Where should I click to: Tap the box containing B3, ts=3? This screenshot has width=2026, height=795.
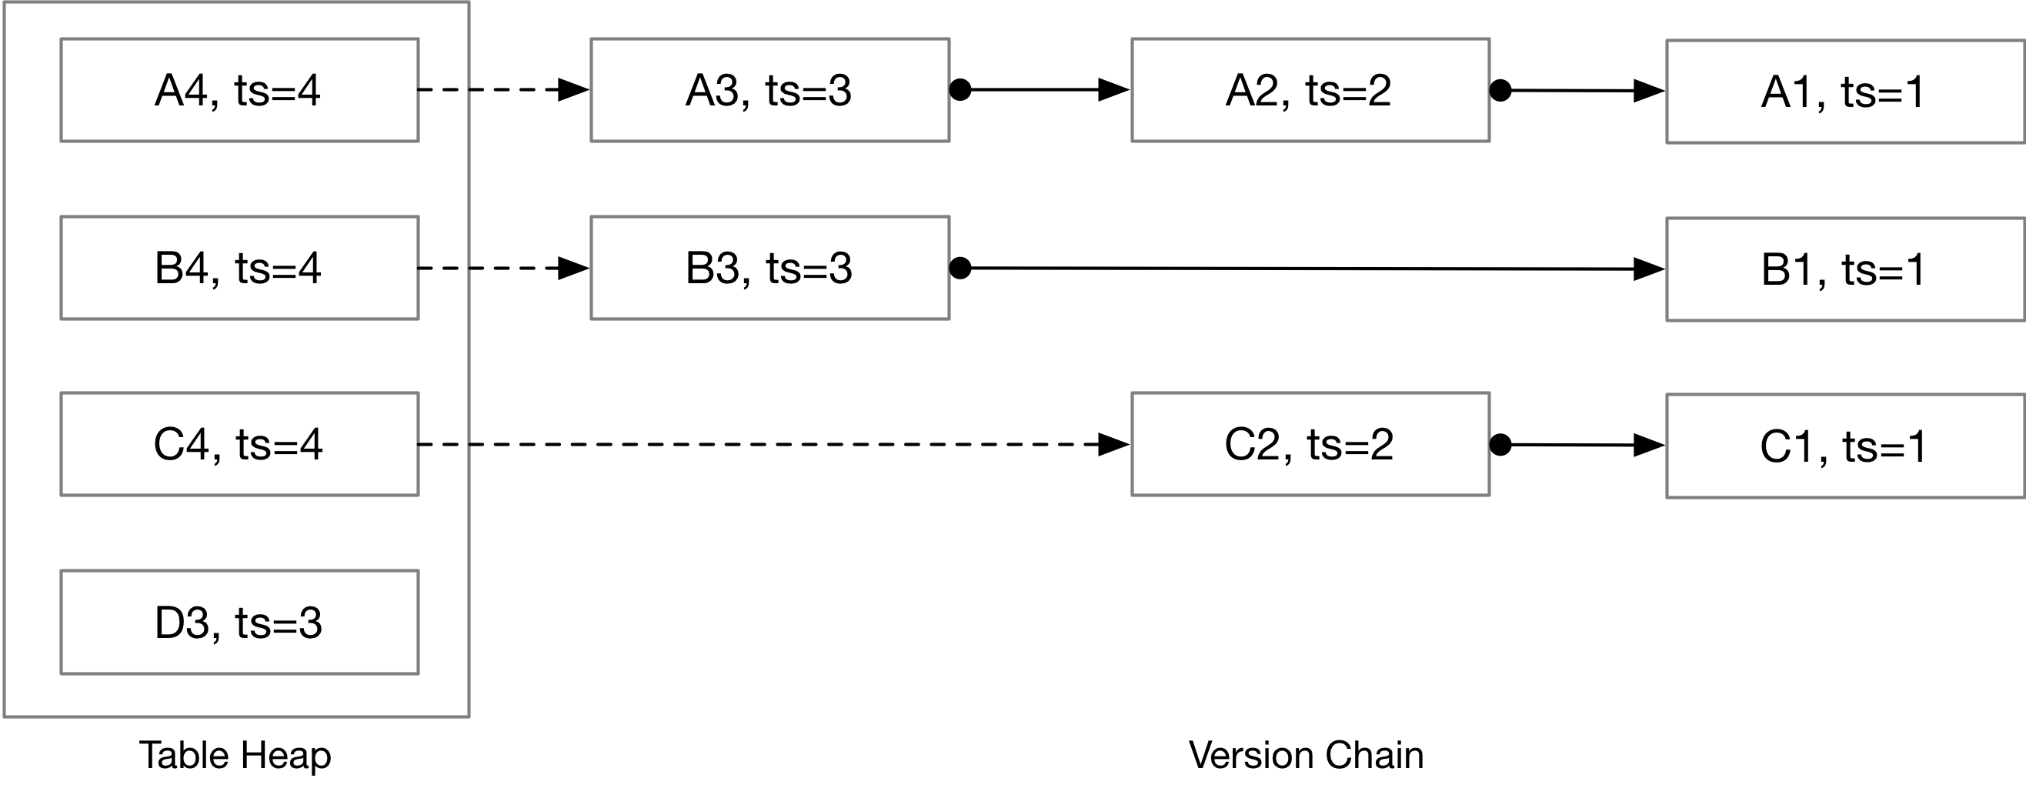tap(770, 267)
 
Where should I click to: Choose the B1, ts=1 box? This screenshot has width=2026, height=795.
tap(1844, 269)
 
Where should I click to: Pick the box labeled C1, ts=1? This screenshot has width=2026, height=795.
tap(1844, 446)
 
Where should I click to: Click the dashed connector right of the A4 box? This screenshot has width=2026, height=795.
tap(443, 89)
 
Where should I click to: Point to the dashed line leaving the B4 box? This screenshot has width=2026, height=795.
tap(443, 268)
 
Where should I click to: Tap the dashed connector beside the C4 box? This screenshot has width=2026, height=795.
tap(443, 445)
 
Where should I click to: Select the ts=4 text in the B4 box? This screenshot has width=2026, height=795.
tap(279, 268)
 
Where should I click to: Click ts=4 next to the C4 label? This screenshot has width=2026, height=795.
tap(279, 444)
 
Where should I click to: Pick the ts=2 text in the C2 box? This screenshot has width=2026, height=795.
tap(1350, 444)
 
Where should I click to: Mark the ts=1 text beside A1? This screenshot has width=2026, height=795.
tap(1884, 92)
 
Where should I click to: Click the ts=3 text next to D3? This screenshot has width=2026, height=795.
tap(279, 623)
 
